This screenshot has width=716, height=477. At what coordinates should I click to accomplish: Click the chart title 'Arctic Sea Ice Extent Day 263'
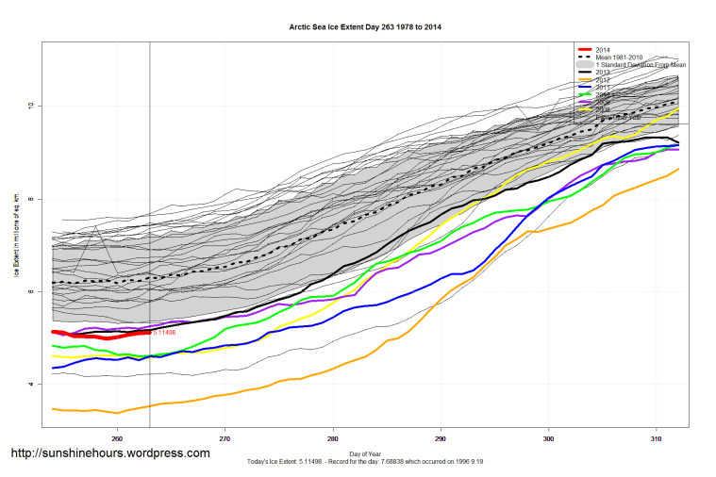(x=364, y=27)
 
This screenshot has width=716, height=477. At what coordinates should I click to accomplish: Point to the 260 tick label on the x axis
(x=117, y=438)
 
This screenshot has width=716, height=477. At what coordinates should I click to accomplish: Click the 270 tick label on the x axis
(x=225, y=438)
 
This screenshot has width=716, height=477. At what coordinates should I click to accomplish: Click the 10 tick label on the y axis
(x=31, y=106)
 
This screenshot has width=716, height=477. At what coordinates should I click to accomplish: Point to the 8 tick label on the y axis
(x=31, y=199)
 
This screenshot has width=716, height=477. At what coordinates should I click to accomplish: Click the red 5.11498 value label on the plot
(x=164, y=332)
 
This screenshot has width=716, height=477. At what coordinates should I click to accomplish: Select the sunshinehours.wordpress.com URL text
(x=110, y=453)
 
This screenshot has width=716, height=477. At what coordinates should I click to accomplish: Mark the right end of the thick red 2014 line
(x=150, y=332)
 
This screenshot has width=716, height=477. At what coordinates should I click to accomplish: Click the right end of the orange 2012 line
(x=679, y=169)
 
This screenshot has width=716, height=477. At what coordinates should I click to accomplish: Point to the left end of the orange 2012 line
(x=52, y=409)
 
